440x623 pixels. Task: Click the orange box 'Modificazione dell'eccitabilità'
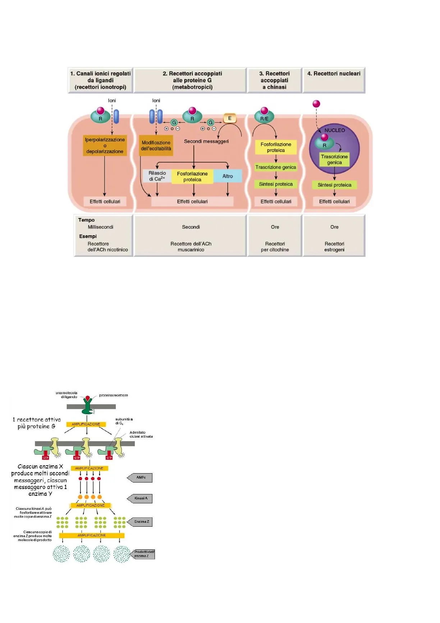click(156, 146)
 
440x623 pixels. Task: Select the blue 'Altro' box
click(228, 176)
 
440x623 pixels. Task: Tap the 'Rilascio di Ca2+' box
click(157, 176)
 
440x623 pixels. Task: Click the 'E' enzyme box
click(230, 118)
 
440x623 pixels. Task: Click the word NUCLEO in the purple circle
click(335, 130)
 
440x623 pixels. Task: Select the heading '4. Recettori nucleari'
click(334, 74)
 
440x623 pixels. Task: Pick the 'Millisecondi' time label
click(101, 227)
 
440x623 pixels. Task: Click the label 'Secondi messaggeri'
click(206, 141)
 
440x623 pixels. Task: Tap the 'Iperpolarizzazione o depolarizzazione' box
click(105, 146)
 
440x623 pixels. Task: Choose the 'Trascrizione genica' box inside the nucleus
click(334, 160)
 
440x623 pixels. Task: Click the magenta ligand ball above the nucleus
click(316, 104)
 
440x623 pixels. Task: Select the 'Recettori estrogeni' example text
click(334, 246)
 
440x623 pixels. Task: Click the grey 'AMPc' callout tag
click(141, 477)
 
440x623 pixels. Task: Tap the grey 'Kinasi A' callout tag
click(141, 498)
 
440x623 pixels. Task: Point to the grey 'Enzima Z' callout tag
click(141, 522)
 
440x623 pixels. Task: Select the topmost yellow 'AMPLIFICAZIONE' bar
click(86, 424)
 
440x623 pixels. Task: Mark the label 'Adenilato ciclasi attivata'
click(141, 434)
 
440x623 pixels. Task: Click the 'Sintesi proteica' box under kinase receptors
click(276, 184)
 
